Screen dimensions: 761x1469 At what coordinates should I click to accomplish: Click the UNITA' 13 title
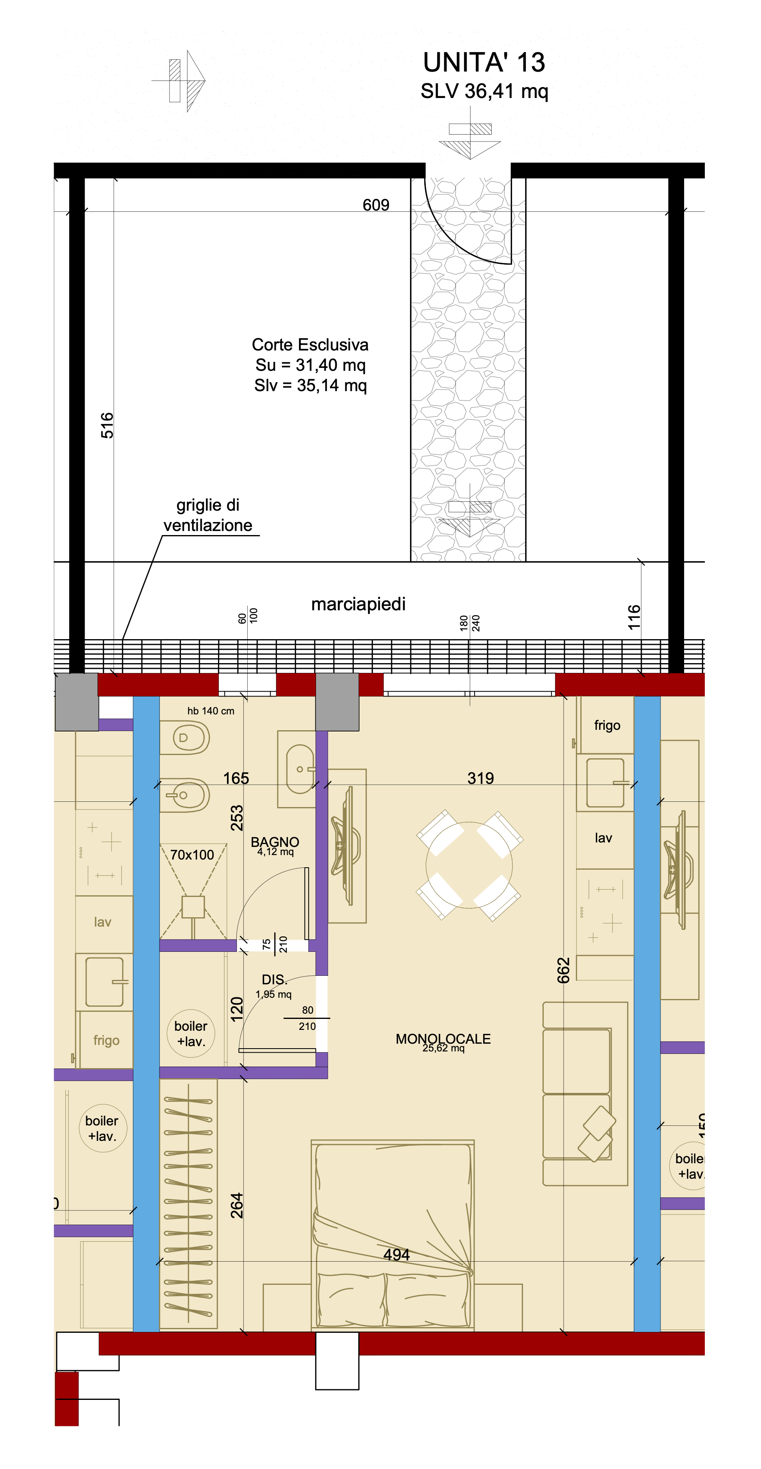coord(484,62)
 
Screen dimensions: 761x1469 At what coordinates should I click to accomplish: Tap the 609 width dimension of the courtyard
coord(376,205)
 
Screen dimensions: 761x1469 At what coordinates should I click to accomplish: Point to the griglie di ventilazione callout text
coord(208,515)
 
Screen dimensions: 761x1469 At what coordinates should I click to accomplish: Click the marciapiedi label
coord(358,604)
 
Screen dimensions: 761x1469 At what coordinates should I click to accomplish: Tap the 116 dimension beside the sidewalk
coord(634,618)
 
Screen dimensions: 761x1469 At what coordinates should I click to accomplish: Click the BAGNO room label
coord(275,842)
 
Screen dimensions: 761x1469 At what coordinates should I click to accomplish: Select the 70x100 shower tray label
coord(192,855)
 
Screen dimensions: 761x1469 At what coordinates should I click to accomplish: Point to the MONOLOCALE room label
coord(443,1038)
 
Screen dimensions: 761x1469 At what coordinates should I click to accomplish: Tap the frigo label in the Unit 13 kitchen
coord(607,725)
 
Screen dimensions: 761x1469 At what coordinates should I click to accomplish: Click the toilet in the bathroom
coord(184,738)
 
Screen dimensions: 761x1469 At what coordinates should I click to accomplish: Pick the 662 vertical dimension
coord(564,970)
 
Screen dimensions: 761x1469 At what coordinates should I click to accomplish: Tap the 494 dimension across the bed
coord(397,1255)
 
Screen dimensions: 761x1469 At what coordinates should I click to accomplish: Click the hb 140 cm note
coord(211,711)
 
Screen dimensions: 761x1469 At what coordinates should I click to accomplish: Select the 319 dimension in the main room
coord(480,778)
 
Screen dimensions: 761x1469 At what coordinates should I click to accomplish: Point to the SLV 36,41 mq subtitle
coord(484,91)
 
